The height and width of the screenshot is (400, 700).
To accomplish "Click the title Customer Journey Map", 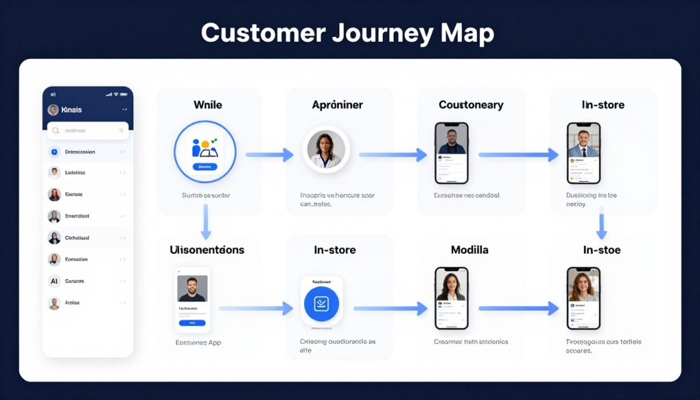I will point(347,33).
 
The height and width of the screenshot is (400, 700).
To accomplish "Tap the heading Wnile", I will point(207,105).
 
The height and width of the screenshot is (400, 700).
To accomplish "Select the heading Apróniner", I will point(337,105).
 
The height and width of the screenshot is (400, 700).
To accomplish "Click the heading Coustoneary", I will point(471,105).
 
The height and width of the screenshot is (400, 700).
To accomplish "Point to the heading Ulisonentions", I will point(206,250).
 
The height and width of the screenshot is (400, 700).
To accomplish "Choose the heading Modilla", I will point(470,250).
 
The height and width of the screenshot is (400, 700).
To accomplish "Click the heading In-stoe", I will point(602,250).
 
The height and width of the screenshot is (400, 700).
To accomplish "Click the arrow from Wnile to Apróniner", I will point(269,155).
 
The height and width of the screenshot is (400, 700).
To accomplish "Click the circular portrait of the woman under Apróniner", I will point(326,149).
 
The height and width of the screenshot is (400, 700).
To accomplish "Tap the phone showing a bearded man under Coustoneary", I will point(452,153).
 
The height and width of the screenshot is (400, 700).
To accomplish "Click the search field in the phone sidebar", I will point(87,130).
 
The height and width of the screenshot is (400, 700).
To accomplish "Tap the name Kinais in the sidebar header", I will point(71,109).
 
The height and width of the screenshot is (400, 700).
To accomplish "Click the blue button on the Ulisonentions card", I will point(192,322).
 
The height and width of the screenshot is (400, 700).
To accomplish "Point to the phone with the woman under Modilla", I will point(452,298).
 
